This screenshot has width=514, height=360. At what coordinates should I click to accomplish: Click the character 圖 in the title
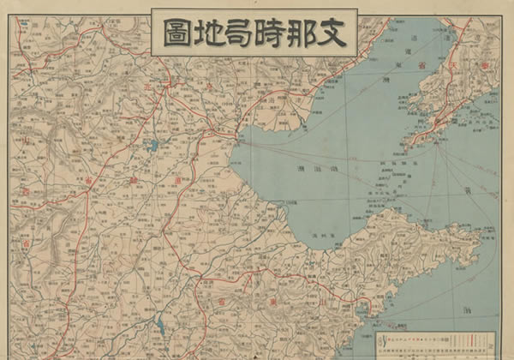(x=176, y=35)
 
